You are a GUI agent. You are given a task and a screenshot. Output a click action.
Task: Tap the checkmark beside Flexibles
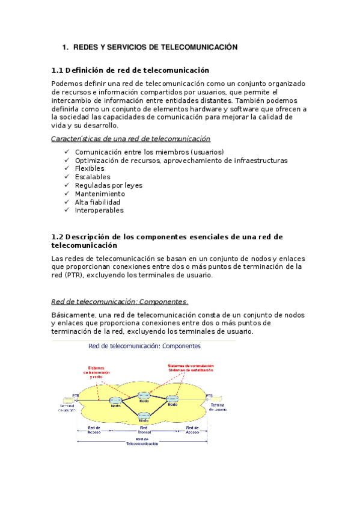[x=66, y=169]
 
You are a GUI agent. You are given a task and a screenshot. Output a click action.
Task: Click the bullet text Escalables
[x=92, y=177]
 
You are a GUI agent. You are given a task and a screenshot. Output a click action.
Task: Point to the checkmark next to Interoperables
[x=66, y=210]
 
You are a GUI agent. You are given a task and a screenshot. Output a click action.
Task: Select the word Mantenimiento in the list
[x=100, y=194]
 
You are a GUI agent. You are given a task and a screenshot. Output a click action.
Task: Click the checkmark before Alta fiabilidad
[x=66, y=203]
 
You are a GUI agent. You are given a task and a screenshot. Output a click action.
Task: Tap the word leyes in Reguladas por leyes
[x=132, y=186]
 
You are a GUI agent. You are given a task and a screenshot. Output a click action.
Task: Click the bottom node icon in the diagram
[x=143, y=416]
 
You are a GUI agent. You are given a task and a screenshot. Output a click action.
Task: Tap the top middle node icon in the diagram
[x=143, y=396]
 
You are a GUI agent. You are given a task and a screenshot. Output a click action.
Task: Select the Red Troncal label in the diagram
[x=144, y=431]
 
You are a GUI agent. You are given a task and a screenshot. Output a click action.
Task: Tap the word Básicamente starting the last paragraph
[x=73, y=315]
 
